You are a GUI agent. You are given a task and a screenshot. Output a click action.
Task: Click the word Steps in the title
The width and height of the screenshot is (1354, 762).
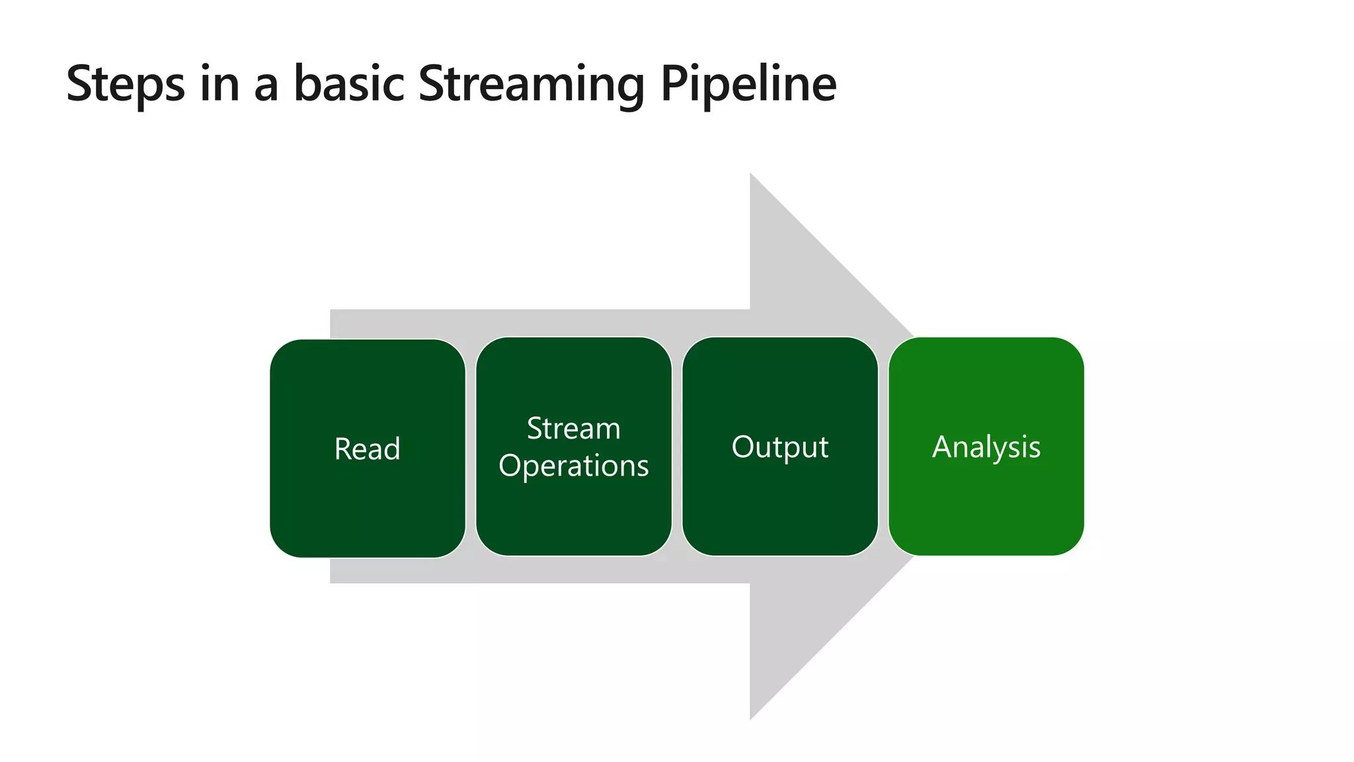click(x=126, y=85)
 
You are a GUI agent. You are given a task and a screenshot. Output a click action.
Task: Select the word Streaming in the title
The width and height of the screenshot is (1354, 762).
click(x=531, y=85)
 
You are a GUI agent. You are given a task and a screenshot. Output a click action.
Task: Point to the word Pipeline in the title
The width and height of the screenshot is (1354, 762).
click(x=748, y=85)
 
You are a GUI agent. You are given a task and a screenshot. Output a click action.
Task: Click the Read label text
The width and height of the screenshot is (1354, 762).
click(x=367, y=449)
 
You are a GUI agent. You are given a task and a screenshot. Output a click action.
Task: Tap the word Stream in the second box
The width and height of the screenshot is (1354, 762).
click(x=573, y=429)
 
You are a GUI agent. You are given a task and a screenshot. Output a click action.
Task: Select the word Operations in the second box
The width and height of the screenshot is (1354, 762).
click(x=573, y=466)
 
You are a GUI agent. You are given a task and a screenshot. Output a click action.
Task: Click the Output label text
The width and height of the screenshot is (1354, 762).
click(x=779, y=447)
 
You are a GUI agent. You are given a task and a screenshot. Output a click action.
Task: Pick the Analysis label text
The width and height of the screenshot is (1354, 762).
click(x=986, y=447)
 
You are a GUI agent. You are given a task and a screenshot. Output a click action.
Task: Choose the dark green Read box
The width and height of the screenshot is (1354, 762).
click(x=367, y=509)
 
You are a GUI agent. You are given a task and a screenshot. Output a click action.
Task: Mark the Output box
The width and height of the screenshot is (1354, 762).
click(x=779, y=509)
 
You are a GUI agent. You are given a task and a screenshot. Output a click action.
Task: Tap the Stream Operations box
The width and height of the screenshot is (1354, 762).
click(x=573, y=516)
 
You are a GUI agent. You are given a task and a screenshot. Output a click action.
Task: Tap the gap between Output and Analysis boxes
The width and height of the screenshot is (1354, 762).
click(x=883, y=447)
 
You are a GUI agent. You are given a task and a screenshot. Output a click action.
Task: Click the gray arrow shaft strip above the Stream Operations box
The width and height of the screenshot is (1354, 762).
click(x=573, y=323)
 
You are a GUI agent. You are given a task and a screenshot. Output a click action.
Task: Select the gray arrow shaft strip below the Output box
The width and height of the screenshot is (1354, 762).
click(x=779, y=570)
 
